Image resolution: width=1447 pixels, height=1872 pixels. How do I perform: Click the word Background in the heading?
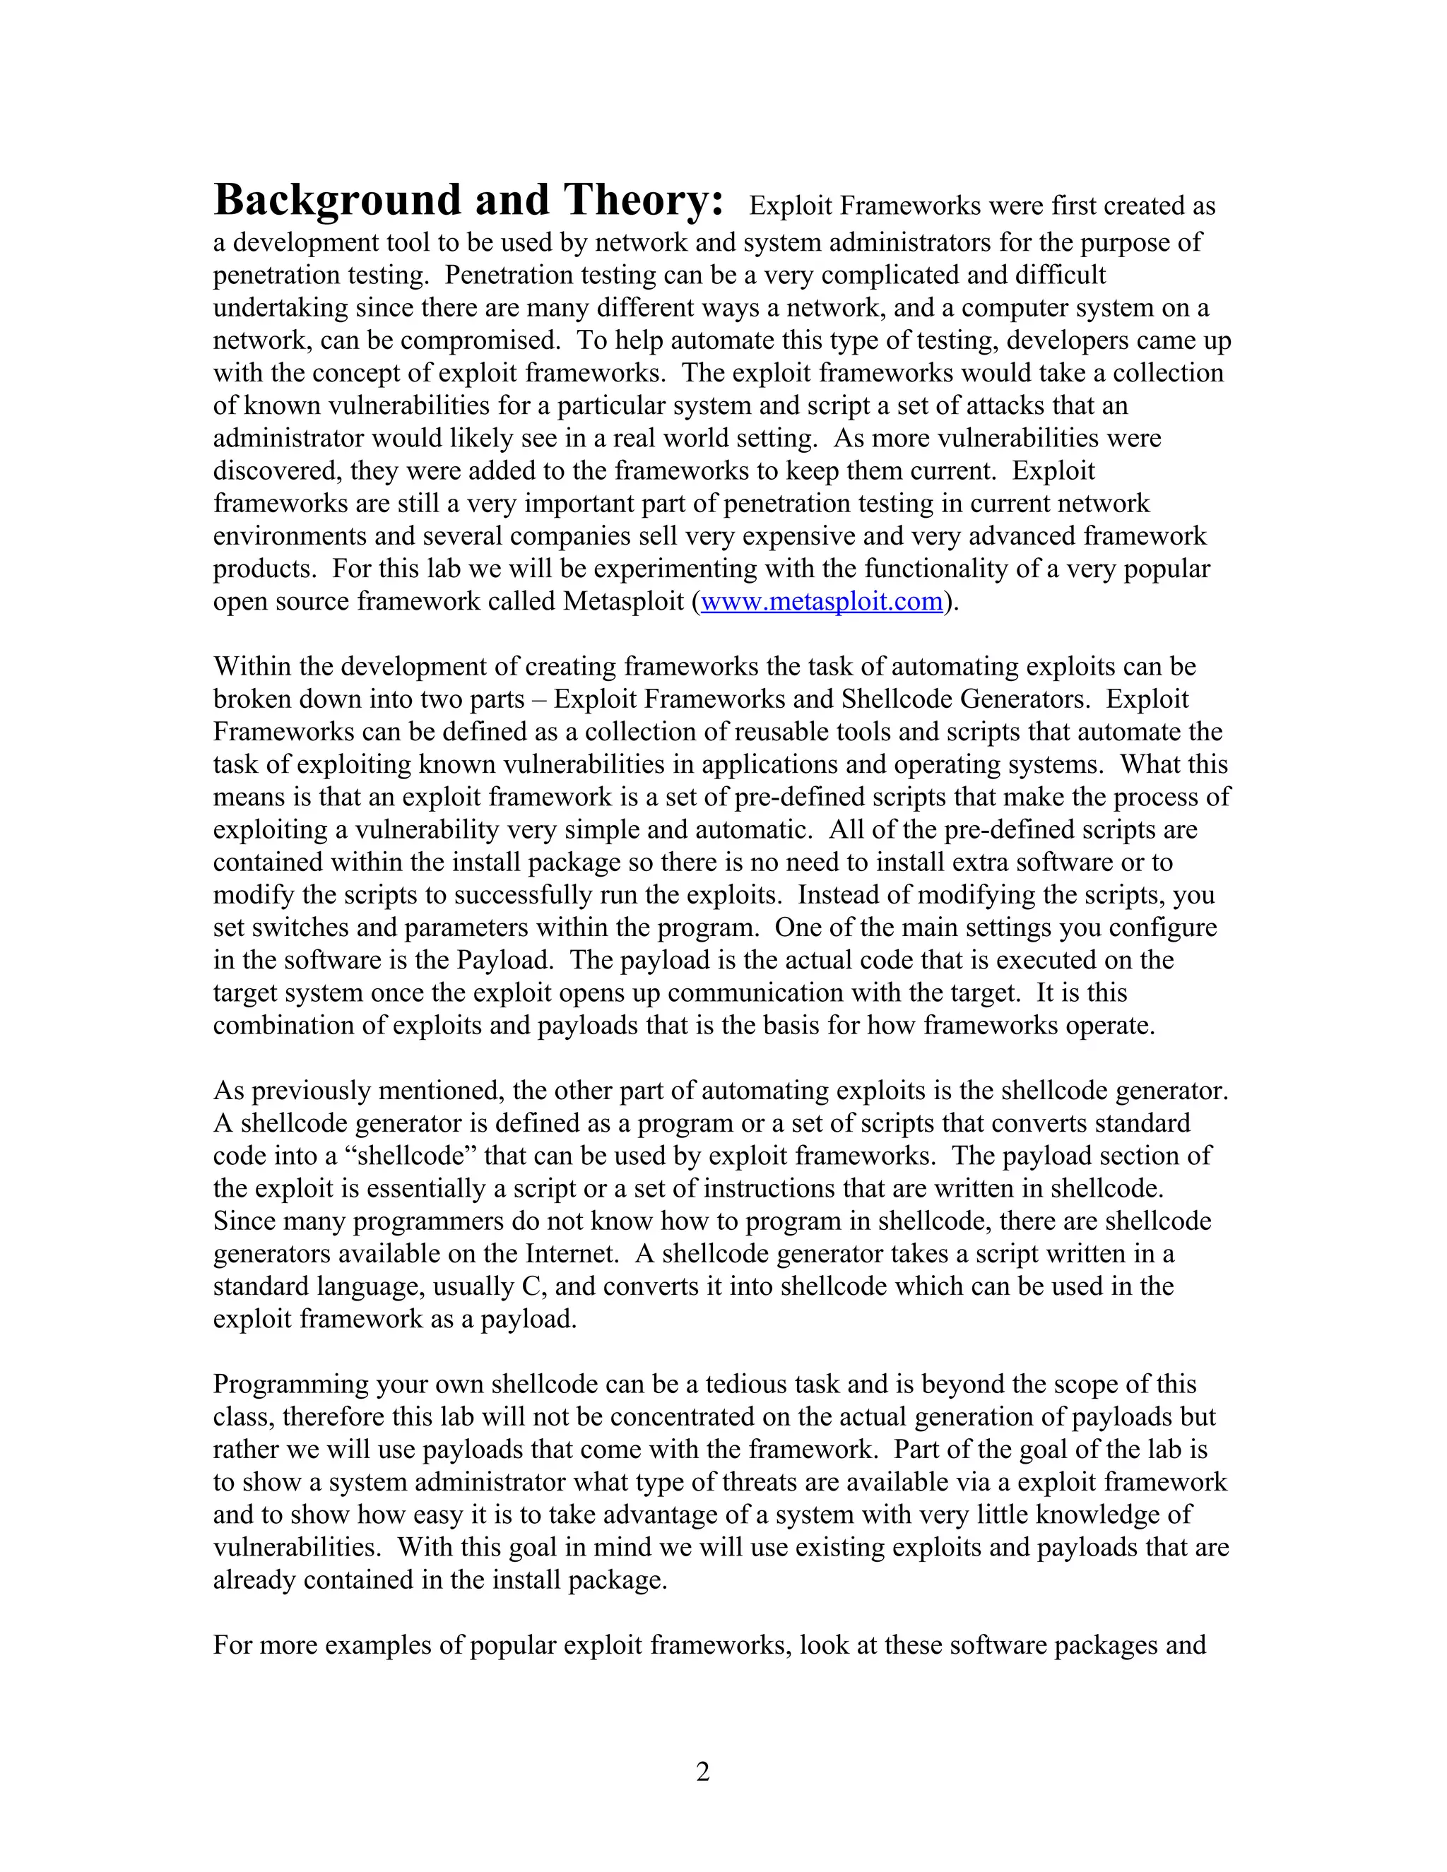[337, 201]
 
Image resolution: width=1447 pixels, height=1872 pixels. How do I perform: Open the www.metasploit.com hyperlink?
[821, 602]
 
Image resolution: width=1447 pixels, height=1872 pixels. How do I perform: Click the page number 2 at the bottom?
[703, 1771]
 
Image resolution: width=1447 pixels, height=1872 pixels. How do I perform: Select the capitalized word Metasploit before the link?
[623, 602]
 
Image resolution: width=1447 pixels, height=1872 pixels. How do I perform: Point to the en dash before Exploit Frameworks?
[538, 699]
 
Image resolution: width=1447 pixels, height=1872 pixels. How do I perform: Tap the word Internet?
[572, 1254]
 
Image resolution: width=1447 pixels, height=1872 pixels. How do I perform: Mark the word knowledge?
[1098, 1515]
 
